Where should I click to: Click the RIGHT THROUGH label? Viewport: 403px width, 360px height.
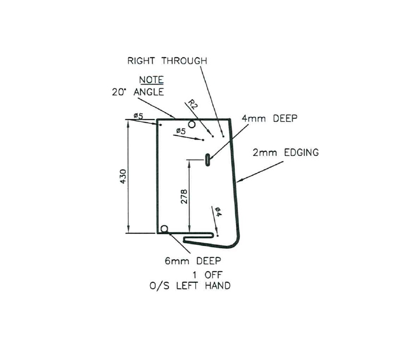pos(167,61)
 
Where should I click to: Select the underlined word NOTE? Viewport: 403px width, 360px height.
pos(151,80)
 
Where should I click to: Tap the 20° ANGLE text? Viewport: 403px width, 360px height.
pos(138,92)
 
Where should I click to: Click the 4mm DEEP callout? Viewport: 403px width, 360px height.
pos(269,119)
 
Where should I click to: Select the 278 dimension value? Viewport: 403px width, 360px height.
pos(184,196)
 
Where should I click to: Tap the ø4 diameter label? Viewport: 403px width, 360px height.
pos(218,212)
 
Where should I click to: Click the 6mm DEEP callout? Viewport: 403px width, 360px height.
pos(193,261)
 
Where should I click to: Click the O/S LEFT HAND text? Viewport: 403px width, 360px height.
pos(190,286)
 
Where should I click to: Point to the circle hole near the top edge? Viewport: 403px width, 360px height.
pos(192,124)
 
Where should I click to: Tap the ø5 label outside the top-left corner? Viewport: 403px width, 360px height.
pos(139,116)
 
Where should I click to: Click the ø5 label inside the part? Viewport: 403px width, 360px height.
pos(181,131)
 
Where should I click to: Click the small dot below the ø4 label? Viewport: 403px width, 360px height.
pos(217,236)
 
